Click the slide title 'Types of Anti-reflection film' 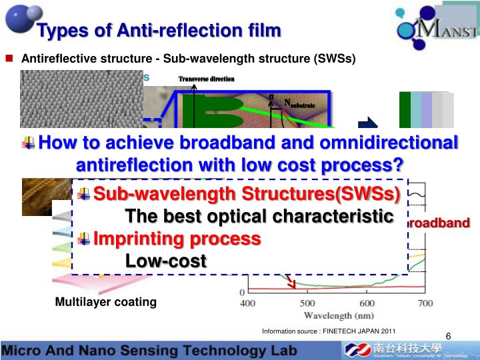[x=159, y=31]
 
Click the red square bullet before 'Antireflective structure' [x=10, y=58]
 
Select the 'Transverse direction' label [x=206, y=79]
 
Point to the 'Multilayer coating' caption [x=105, y=302]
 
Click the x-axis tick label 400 [x=247, y=304]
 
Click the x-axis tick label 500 [x=307, y=304]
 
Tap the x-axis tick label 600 [x=366, y=304]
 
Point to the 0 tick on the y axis [x=242, y=293]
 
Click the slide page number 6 [x=448, y=336]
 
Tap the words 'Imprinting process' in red [x=177, y=239]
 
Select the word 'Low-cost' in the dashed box [x=165, y=261]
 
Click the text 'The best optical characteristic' [x=259, y=217]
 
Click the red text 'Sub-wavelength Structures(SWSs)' [x=247, y=194]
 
